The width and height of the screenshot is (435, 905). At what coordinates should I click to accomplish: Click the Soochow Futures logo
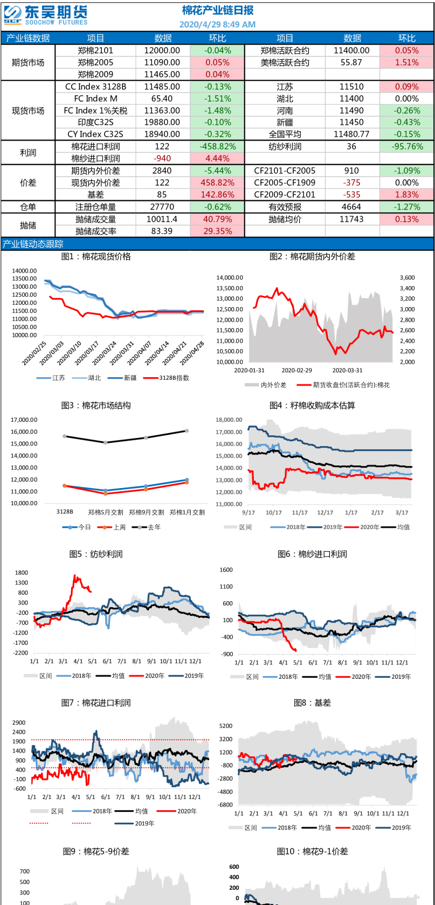click(45, 15)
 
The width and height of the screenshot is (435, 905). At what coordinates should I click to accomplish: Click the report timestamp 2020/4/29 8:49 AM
click(217, 24)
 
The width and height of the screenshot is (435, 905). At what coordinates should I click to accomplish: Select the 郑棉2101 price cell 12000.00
click(162, 50)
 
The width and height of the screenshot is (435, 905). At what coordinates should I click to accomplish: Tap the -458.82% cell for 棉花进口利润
click(217, 147)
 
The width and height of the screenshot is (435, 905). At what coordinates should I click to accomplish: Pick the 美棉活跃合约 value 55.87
click(351, 62)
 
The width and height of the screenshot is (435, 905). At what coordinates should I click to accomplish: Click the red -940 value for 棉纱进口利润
click(162, 158)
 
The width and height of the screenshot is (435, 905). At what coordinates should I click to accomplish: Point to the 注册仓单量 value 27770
click(162, 207)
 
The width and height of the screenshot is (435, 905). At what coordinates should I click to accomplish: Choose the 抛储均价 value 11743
click(351, 219)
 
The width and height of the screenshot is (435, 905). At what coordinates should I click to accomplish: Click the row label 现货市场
click(28, 110)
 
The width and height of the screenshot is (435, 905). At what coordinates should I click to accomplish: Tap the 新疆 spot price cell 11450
click(351, 122)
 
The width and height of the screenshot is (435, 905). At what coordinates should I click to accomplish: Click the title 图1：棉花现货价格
click(96, 256)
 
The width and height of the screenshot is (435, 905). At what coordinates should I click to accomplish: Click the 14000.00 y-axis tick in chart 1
click(24, 270)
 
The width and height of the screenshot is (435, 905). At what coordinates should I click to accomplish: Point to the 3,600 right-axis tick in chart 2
click(407, 277)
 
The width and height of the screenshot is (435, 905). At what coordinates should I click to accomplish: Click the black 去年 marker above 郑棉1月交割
click(187, 430)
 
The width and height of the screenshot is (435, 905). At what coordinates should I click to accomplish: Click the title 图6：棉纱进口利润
click(312, 554)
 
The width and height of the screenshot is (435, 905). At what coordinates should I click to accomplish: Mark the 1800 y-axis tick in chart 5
click(22, 573)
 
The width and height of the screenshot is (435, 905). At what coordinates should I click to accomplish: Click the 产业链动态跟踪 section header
click(33, 244)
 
